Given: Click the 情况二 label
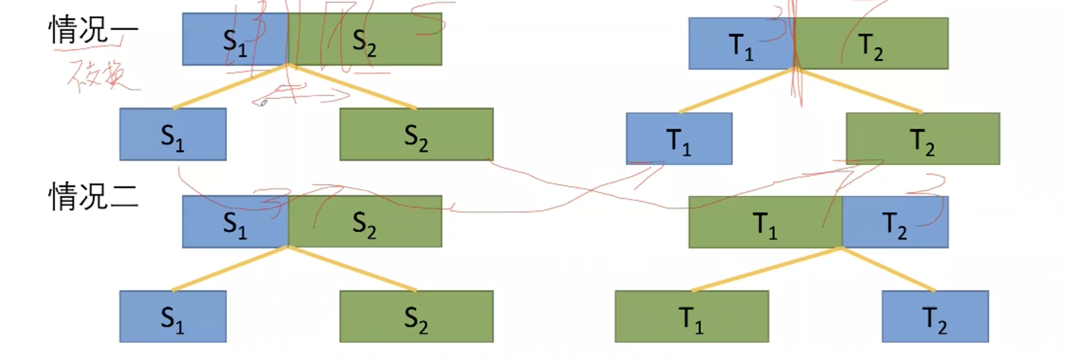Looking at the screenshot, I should pyautogui.click(x=93, y=197).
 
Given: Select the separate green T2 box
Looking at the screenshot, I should pyautogui.click(x=923, y=139).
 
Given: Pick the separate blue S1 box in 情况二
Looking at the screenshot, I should pyautogui.click(x=173, y=317).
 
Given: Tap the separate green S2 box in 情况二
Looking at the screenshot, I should pyautogui.click(x=416, y=317).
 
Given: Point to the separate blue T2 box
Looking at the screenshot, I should pyautogui.click(x=935, y=317).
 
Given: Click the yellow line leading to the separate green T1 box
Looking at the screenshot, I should pyautogui.click(x=766, y=269).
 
